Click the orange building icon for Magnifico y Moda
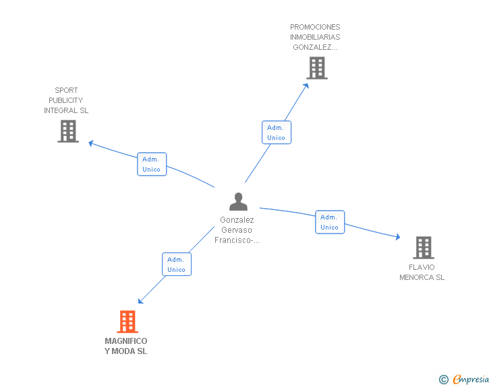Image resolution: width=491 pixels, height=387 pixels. click(127, 322)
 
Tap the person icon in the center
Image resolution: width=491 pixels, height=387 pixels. click(238, 202)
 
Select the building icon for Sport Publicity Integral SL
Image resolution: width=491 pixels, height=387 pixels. click(68, 131)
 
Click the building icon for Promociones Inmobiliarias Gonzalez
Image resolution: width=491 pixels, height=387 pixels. click(317, 68)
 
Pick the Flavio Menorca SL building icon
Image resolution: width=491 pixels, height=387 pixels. click(423, 248)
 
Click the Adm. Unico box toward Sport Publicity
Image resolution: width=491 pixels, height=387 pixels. click(152, 164)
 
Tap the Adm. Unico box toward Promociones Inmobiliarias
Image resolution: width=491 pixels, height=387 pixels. click(276, 133)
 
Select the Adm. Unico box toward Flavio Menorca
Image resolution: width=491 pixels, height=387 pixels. click(330, 222)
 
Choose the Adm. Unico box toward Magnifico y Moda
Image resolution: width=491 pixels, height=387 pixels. click(176, 265)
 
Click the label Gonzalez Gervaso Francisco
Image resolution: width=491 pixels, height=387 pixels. click(237, 230)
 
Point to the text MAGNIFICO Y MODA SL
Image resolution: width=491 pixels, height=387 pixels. click(126, 346)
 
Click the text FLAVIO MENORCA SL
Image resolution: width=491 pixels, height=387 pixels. click(422, 272)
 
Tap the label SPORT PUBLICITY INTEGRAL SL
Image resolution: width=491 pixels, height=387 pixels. click(66, 100)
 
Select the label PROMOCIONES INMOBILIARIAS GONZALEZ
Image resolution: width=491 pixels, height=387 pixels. click(315, 38)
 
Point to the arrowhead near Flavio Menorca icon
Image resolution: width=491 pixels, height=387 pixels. click(397, 237)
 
